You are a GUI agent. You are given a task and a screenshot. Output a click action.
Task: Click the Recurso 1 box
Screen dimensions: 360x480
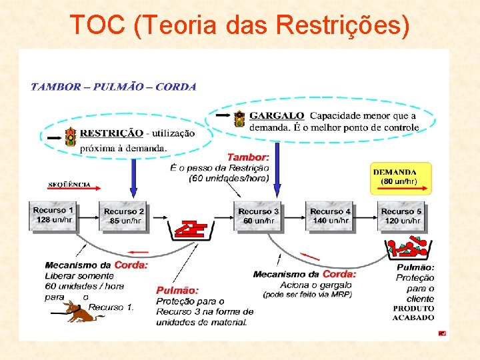[54, 215]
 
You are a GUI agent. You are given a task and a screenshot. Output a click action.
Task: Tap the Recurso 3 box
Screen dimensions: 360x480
[259, 216]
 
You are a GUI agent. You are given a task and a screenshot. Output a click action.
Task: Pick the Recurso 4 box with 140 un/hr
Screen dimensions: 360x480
[330, 216]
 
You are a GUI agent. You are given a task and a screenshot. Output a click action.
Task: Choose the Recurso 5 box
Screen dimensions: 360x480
[401, 216]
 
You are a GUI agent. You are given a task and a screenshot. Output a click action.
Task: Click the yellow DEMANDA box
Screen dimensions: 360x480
[401, 178]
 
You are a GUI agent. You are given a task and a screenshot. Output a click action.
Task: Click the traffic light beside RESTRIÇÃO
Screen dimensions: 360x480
[70, 137]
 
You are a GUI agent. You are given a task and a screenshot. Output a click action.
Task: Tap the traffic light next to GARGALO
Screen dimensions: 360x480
[240, 119]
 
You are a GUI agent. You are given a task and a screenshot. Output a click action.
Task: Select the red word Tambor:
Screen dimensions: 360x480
[248, 157]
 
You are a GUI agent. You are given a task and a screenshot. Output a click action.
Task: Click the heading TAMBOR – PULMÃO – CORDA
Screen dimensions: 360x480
[113, 86]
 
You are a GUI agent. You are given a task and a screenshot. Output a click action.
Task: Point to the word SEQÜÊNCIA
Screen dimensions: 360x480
[69, 184]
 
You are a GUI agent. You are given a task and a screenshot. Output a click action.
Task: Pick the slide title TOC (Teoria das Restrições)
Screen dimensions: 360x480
[239, 25]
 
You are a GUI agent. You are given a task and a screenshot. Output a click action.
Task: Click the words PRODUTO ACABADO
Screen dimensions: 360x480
[413, 313]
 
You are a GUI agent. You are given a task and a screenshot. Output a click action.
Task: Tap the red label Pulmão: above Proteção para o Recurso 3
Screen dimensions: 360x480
[177, 290]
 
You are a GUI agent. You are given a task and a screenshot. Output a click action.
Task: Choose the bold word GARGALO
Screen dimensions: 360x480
[277, 116]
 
